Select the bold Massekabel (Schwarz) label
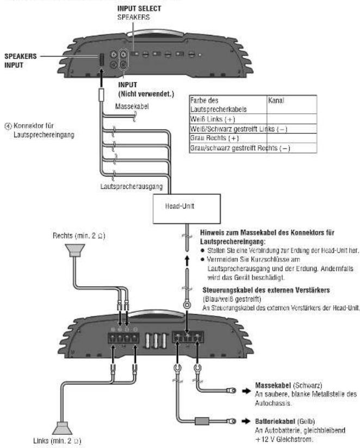click(x=276, y=384)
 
